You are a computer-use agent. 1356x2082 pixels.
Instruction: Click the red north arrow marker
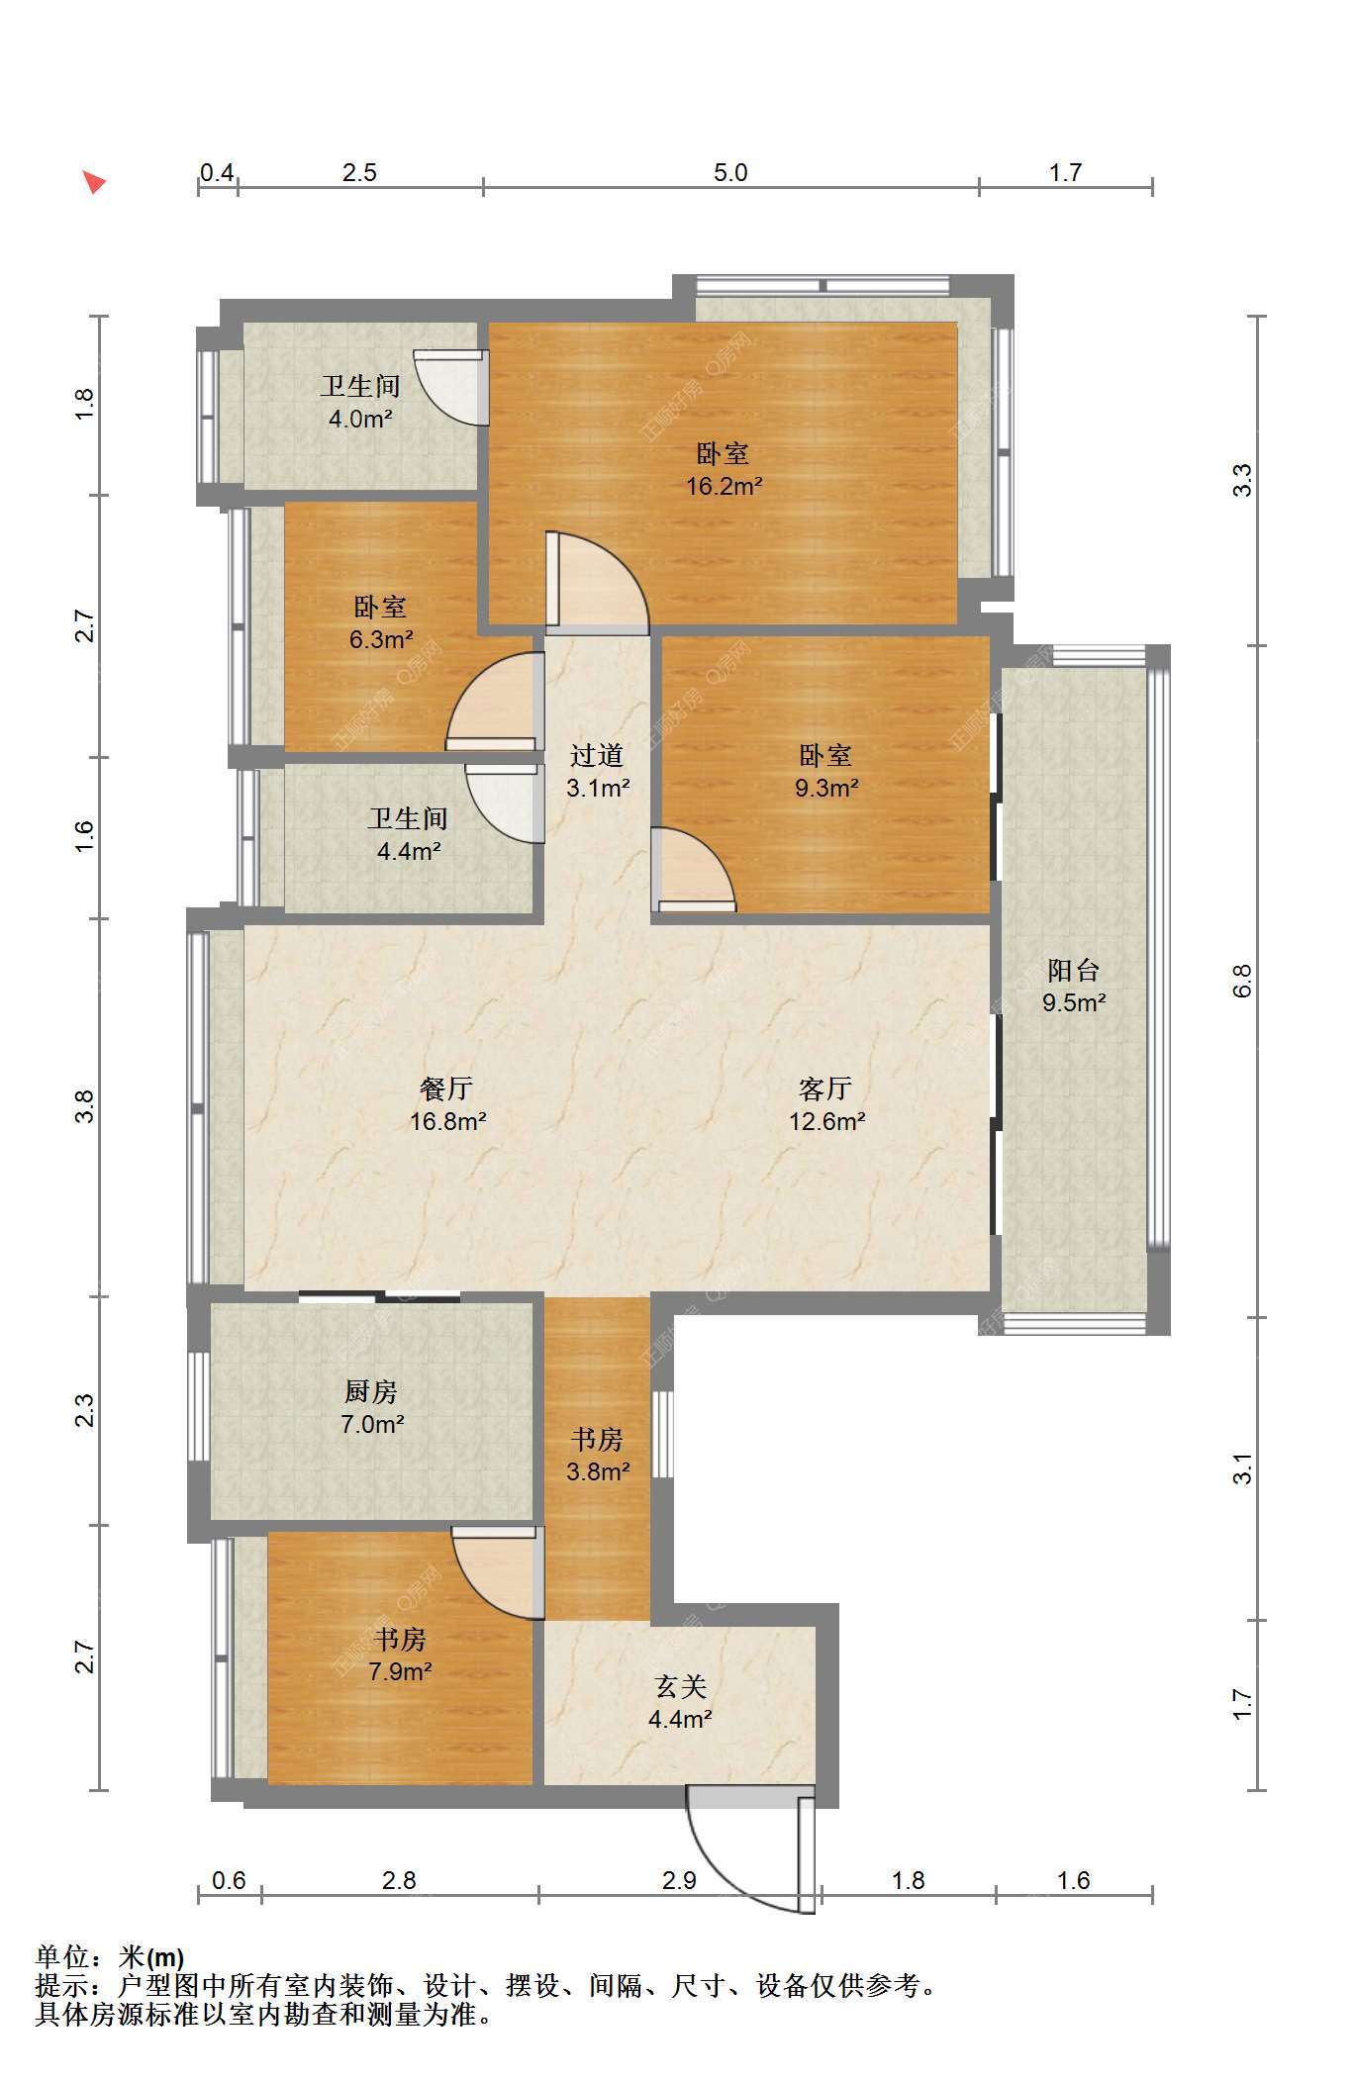[94, 182]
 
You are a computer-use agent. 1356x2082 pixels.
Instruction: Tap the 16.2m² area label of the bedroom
[725, 486]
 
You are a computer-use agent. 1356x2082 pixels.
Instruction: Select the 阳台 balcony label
[1074, 970]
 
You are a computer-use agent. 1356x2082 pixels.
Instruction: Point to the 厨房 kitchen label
[371, 1391]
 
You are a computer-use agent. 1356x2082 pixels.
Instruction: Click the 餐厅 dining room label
[447, 1088]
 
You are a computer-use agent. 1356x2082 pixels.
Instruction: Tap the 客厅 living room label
[825, 1088]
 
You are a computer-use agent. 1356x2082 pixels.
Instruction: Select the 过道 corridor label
[597, 755]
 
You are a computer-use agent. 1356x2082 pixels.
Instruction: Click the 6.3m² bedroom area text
[381, 639]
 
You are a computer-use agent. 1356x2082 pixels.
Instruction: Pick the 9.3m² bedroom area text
[826, 788]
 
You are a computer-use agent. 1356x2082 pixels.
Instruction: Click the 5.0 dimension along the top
[730, 172]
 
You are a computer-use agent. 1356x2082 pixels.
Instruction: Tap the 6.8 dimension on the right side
[1243, 981]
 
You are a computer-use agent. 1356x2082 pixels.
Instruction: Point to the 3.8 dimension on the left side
[84, 1105]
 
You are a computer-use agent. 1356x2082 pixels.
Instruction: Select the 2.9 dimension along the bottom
[680, 1880]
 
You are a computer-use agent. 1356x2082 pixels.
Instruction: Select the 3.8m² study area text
[598, 1471]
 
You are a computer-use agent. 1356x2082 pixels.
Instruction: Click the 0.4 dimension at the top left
[218, 172]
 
